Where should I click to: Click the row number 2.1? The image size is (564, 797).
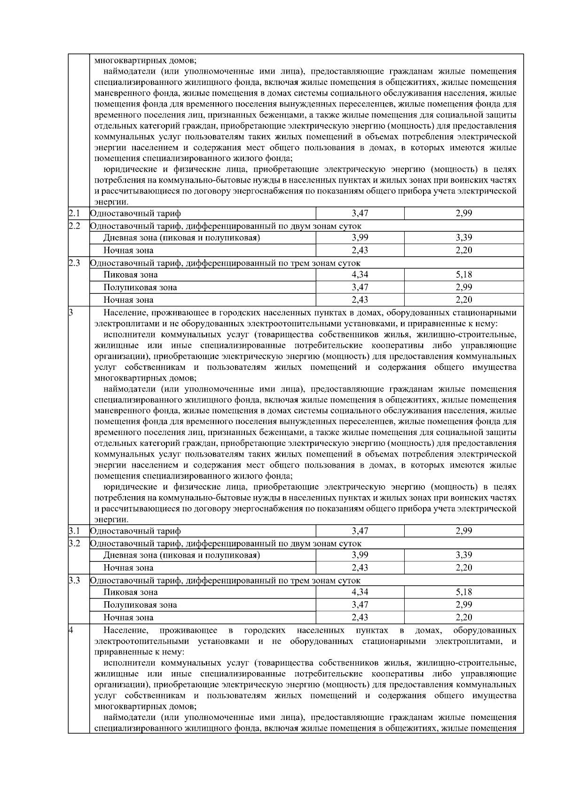coord(74,214)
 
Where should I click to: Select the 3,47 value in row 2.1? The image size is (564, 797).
coord(360,214)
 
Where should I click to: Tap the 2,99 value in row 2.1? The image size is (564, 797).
coord(463,214)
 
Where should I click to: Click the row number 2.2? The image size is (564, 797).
coord(74,226)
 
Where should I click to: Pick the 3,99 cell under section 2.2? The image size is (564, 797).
coord(360,238)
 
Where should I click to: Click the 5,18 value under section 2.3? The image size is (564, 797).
coord(463,275)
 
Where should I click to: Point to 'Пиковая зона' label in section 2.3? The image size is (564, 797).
coord(131,275)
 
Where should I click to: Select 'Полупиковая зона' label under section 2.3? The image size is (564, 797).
coord(140,287)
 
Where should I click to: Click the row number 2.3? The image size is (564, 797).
coord(74,263)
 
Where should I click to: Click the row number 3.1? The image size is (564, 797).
coord(74,531)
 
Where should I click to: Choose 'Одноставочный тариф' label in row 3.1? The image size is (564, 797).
coord(135,531)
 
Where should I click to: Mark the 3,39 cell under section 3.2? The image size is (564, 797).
coord(463,555)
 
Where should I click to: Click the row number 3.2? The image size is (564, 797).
coord(74,544)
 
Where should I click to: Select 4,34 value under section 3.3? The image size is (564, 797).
coord(360,592)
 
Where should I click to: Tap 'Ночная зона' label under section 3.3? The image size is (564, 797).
coord(128,618)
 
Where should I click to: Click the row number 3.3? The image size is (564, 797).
coord(74,581)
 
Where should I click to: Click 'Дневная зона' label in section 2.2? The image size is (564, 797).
coord(181,238)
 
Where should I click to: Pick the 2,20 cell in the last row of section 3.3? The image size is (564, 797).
coord(463,618)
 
